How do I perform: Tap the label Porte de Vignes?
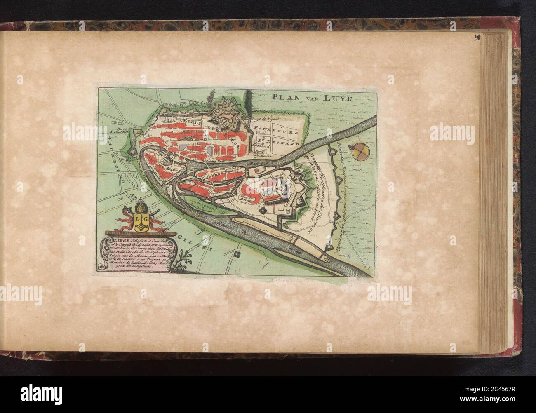click(265, 119)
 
